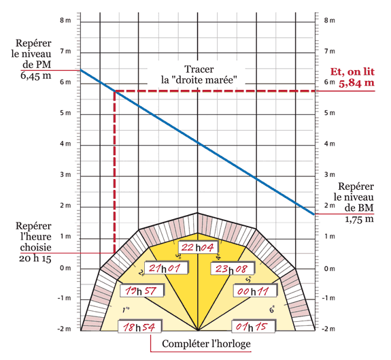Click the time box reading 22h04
(199, 247)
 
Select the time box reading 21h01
(167, 268)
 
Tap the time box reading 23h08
(233, 268)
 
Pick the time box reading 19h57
(142, 291)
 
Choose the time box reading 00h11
(255, 291)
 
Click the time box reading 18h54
(140, 327)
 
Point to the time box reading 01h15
(254, 327)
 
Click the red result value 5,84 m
(356, 83)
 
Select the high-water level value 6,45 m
(35, 76)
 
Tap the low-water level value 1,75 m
(359, 219)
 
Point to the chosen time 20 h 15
(35, 258)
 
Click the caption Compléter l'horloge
(206, 344)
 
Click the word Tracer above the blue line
(199, 69)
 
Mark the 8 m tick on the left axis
(65, 20)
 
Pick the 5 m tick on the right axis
(329, 113)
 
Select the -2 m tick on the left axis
(65, 329)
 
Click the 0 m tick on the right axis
(329, 269)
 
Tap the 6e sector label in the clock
(272, 310)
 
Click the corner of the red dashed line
(115, 91)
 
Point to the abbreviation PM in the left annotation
(44, 65)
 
